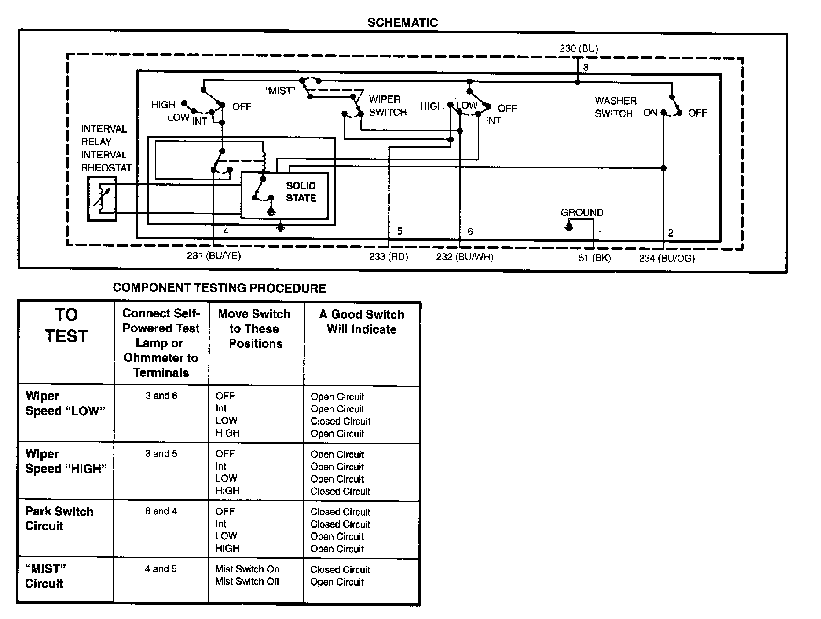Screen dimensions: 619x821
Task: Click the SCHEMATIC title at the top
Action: coord(403,23)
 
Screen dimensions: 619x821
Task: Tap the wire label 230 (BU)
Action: coord(579,48)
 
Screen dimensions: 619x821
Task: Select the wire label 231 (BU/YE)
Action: coord(214,255)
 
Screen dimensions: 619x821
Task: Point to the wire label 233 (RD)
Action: coord(389,257)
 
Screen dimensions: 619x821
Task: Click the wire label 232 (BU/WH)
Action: coord(465,257)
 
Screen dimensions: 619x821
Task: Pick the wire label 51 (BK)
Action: coord(594,258)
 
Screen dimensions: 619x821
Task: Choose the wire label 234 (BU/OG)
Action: coord(667,259)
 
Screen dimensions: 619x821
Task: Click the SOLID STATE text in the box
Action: coord(301,192)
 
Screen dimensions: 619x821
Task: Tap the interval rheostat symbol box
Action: coord(102,199)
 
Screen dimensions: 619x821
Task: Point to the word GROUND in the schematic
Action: coord(582,213)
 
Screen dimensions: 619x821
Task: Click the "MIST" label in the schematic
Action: coord(280,91)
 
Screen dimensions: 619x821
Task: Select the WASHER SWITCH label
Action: coord(615,107)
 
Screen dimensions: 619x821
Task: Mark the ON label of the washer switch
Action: coord(650,113)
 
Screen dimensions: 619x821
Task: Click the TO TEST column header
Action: coord(66,325)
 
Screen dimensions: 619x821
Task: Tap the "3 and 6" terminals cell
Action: coord(161,396)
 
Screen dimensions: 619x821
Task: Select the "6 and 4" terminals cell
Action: coord(161,511)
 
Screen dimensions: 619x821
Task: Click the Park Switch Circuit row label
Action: coord(59,519)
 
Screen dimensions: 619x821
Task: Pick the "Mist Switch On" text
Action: coord(247,569)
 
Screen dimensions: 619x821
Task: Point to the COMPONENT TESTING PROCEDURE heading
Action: coord(220,288)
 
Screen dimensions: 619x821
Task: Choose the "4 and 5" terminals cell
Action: coord(161,569)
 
